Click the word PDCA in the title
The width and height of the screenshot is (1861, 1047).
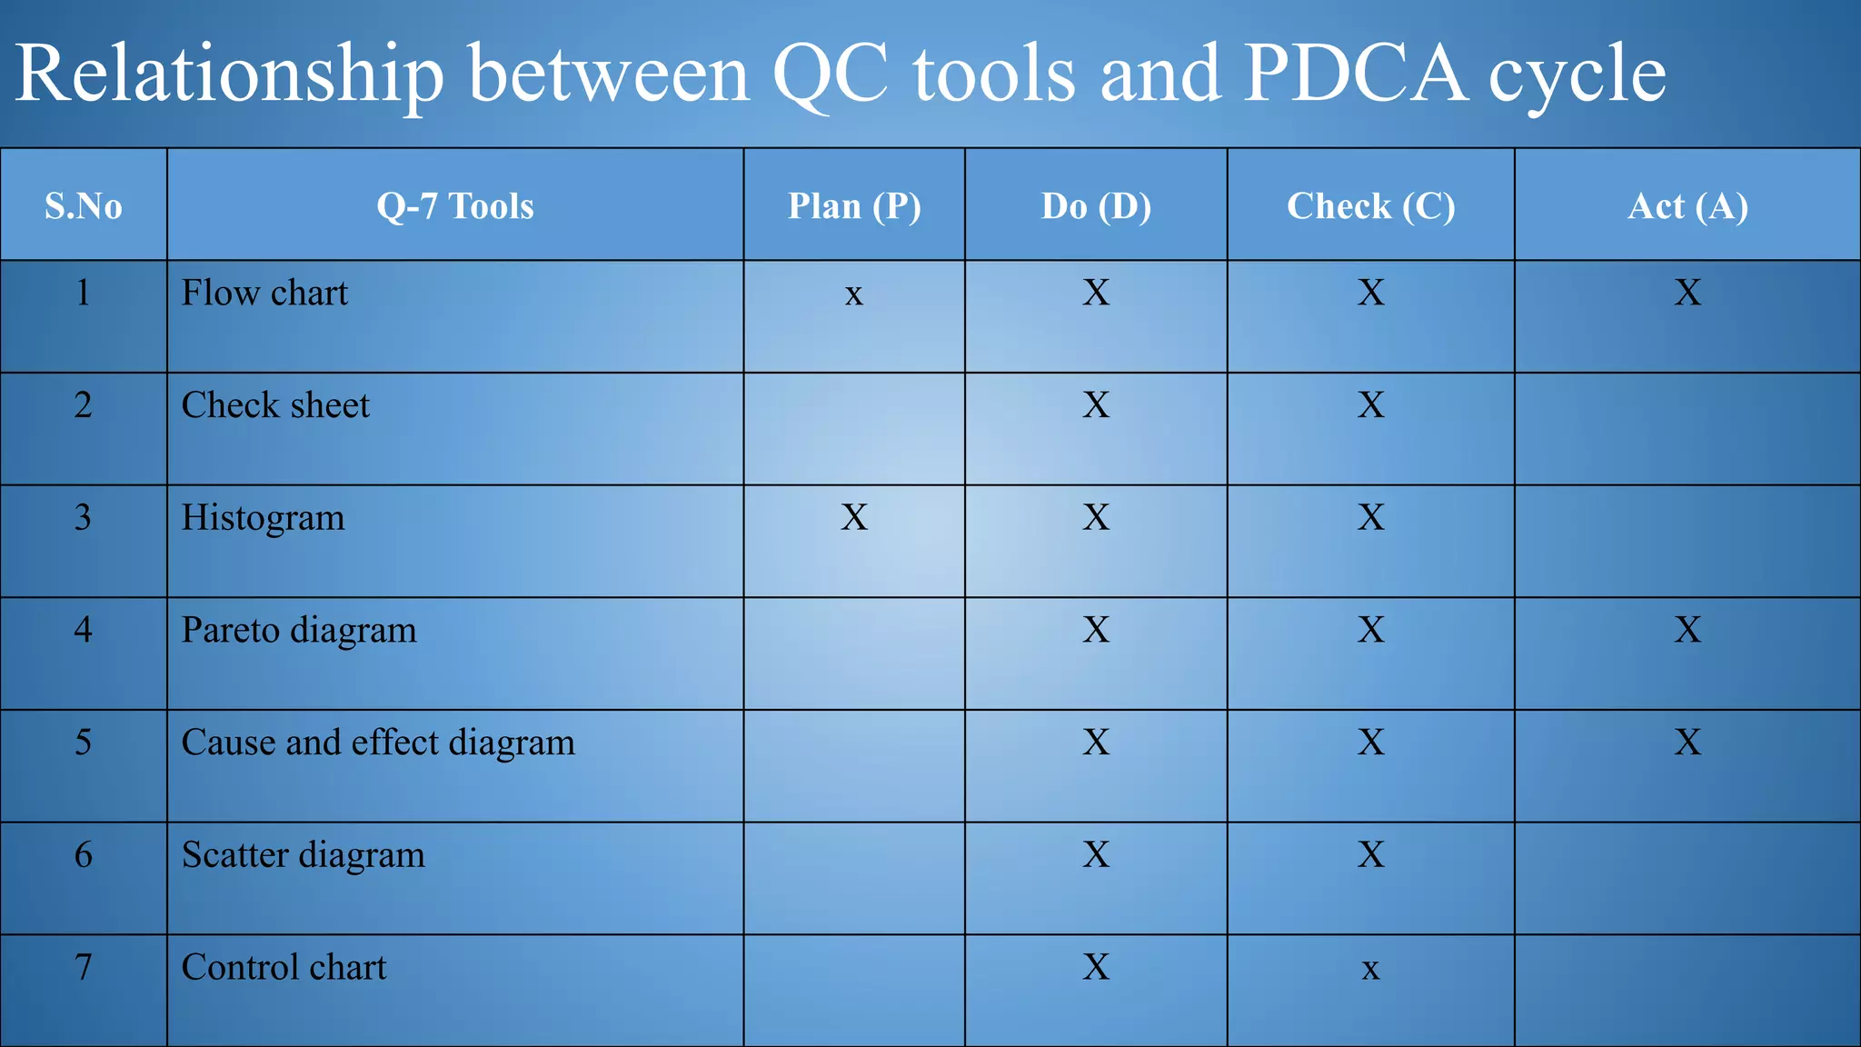[x=1354, y=73]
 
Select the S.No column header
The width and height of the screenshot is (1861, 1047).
[x=84, y=206]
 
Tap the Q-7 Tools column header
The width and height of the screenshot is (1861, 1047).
[x=455, y=206]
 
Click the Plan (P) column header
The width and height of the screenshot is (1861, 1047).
[x=854, y=206]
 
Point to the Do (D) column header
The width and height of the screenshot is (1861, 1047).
[x=1096, y=206]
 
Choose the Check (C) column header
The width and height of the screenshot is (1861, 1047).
[x=1370, y=206]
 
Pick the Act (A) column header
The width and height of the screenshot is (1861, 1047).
[x=1687, y=206]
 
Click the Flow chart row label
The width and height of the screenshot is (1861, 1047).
[x=264, y=293]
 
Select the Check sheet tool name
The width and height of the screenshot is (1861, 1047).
[x=275, y=405]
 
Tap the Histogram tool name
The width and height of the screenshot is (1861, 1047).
[x=264, y=518]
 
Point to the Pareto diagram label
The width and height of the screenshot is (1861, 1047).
[x=299, y=630]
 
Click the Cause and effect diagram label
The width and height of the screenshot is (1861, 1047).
[x=378, y=743]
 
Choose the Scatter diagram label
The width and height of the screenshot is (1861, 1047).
[x=304, y=855]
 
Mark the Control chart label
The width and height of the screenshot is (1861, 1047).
[x=284, y=967]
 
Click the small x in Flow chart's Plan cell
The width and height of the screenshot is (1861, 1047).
[x=853, y=294]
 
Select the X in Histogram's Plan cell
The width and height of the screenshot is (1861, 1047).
[x=854, y=517]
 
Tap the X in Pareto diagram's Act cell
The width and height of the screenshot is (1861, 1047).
[x=1687, y=630]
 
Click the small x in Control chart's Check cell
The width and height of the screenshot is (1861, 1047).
[x=1370, y=970]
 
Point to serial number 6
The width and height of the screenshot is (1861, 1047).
[x=84, y=854]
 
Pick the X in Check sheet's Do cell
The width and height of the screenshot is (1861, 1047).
[x=1096, y=405]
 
